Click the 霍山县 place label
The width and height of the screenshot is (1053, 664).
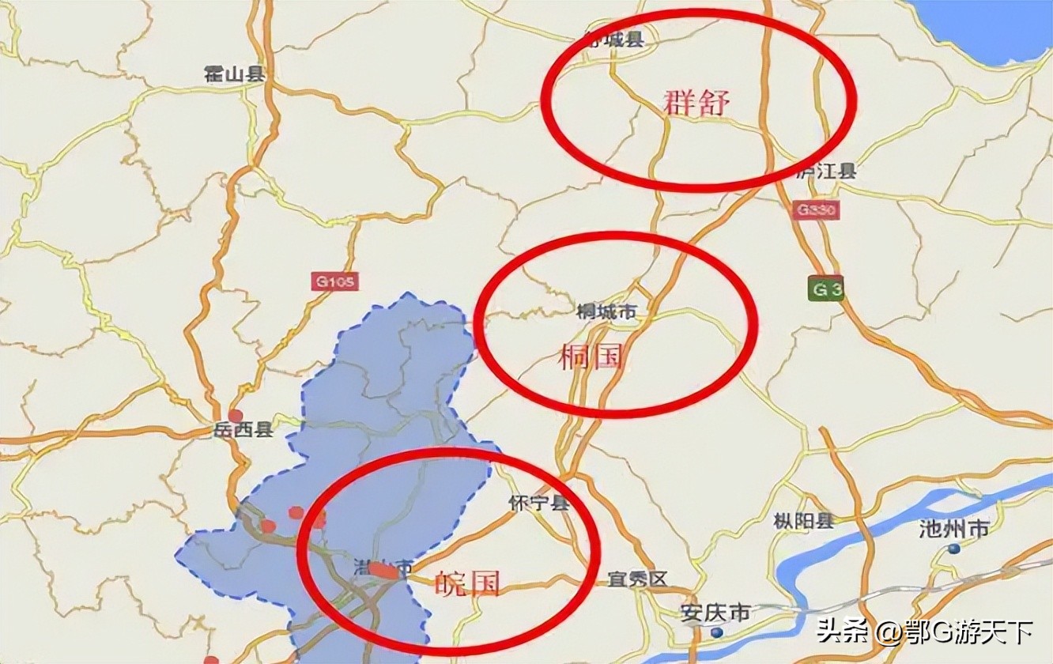[x=234, y=74]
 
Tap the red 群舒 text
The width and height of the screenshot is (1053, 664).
[x=696, y=103]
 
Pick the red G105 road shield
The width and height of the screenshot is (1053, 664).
[x=334, y=281]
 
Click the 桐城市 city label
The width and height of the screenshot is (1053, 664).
[x=606, y=312]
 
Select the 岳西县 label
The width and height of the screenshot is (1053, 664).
[x=243, y=430]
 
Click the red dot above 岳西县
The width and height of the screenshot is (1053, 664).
[x=235, y=415]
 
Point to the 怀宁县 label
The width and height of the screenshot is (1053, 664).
[x=539, y=503]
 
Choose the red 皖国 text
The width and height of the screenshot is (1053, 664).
[x=467, y=584]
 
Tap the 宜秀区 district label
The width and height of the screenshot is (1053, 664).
[x=637, y=579]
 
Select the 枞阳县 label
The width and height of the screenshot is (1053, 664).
[x=804, y=521]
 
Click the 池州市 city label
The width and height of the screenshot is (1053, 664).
[x=954, y=529]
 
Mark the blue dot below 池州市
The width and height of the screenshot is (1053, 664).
[x=954, y=549]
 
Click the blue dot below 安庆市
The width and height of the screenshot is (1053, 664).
[x=715, y=632]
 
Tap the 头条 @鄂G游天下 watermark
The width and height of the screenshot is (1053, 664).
[x=924, y=632]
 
